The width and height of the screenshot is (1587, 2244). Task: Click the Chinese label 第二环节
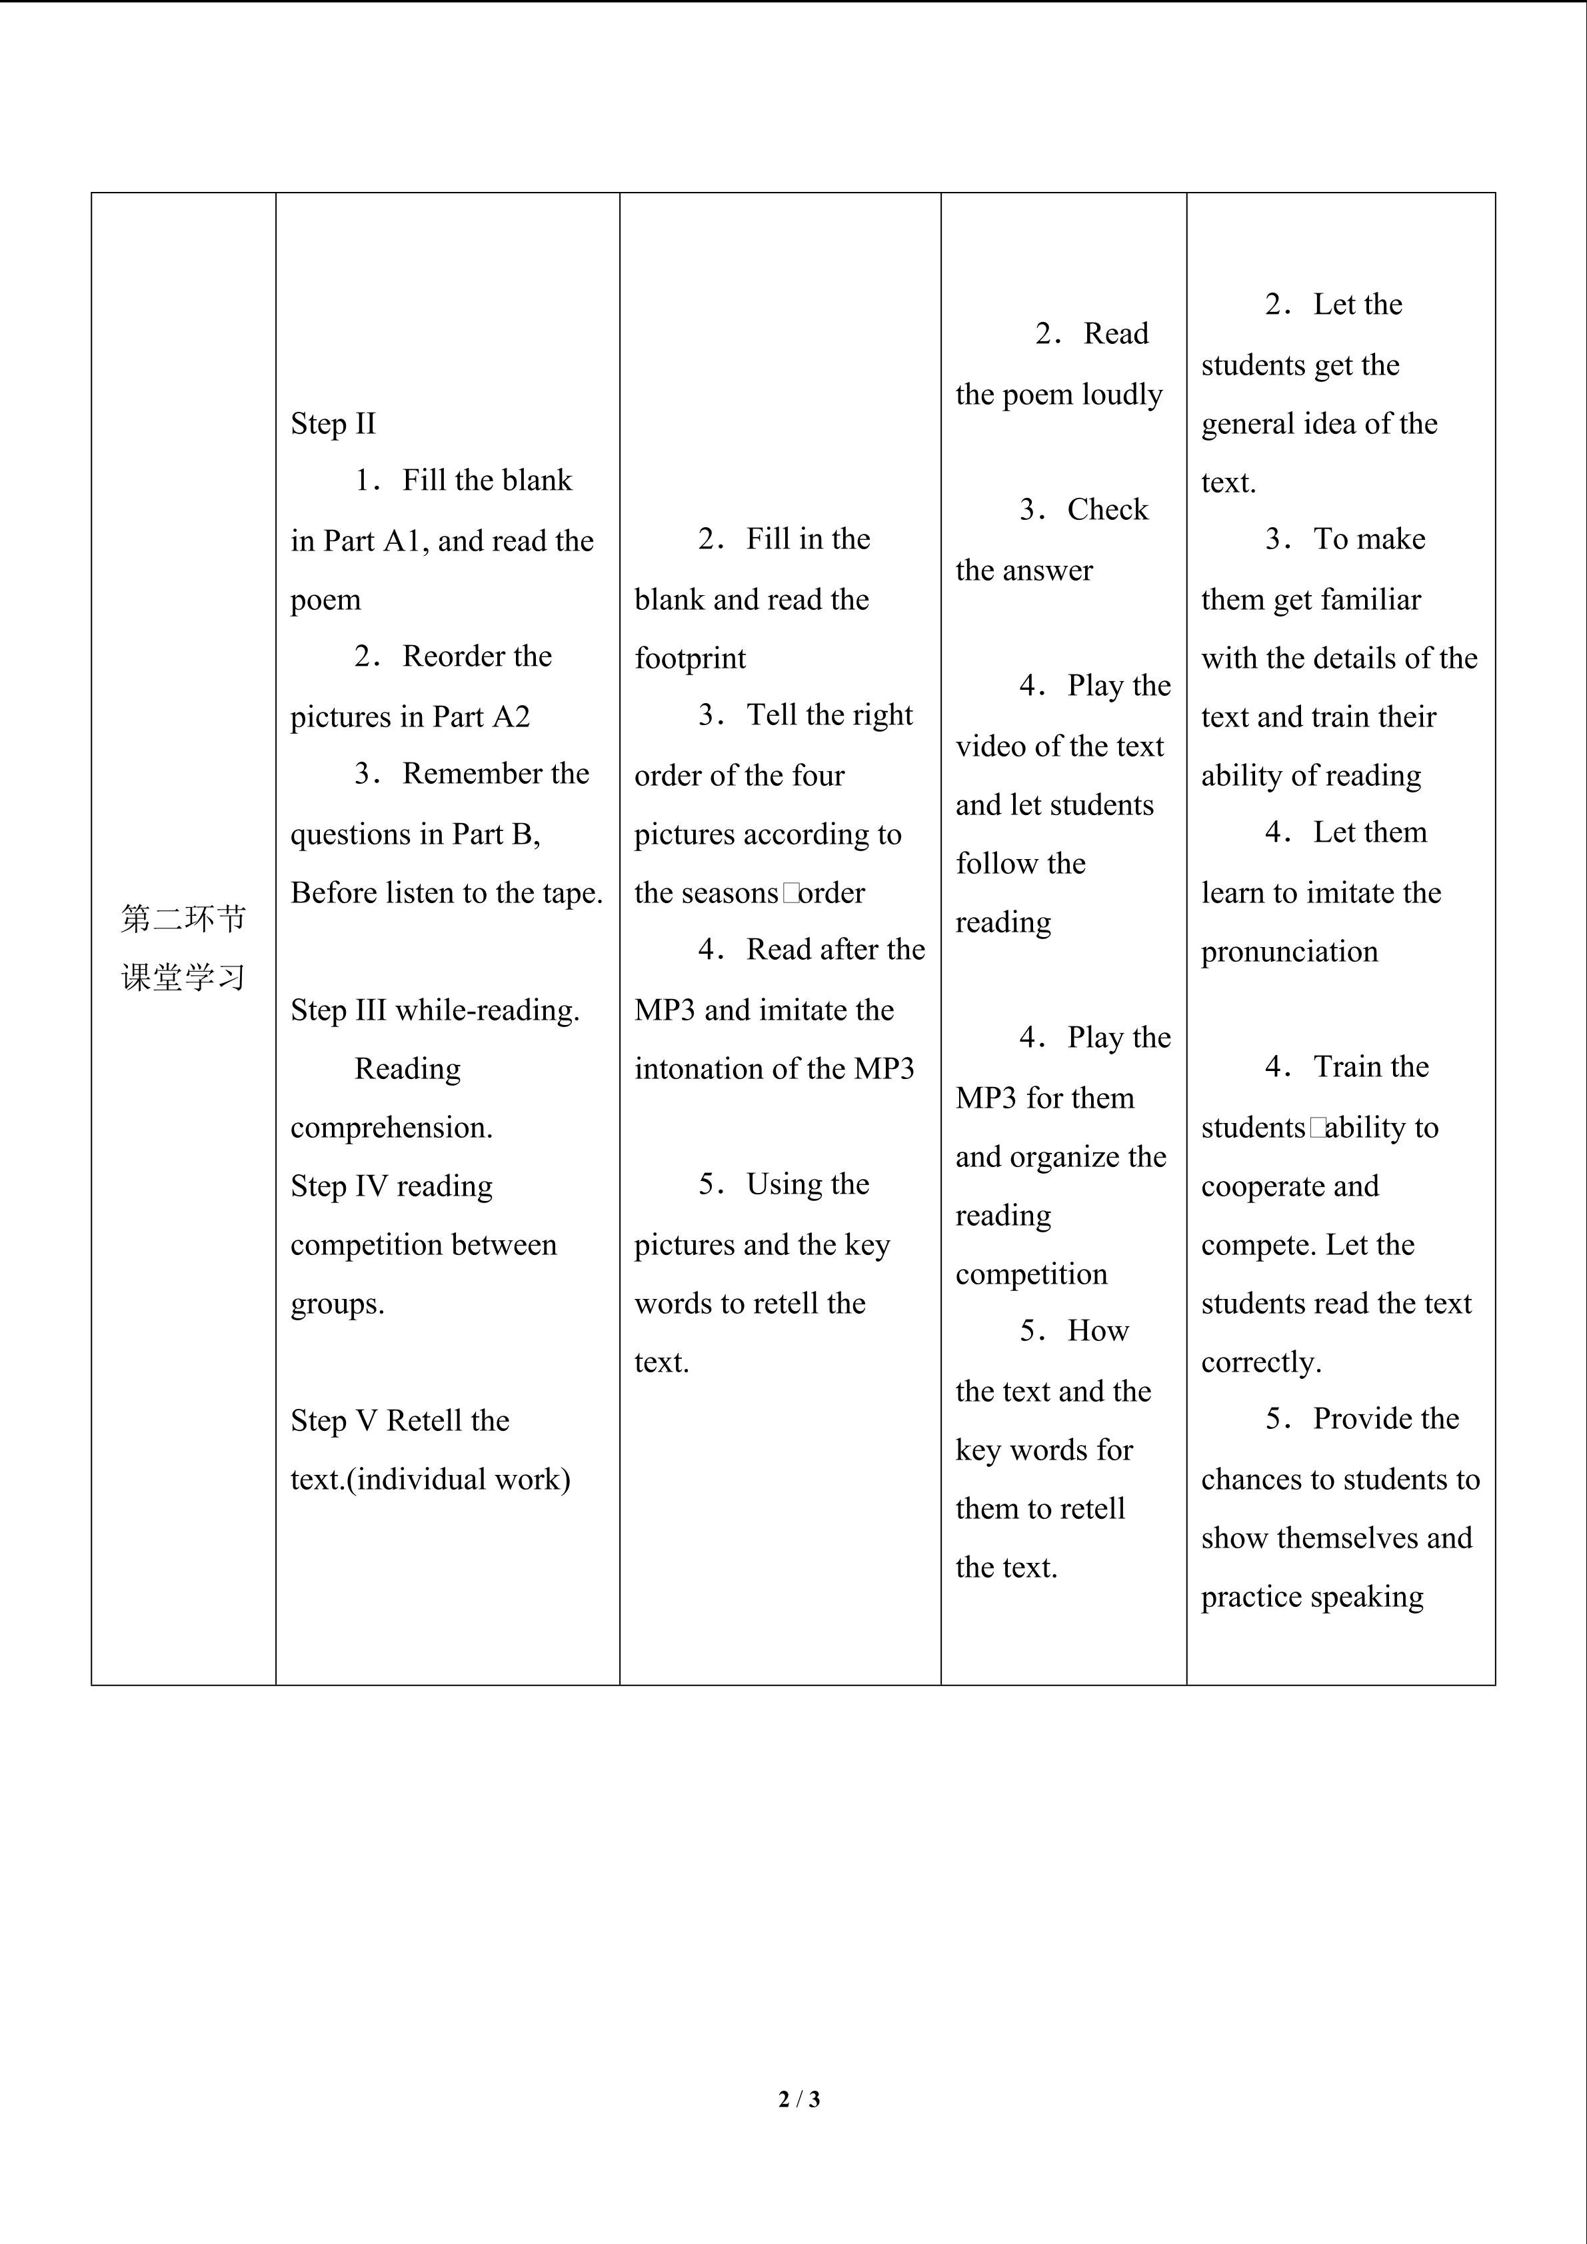184,918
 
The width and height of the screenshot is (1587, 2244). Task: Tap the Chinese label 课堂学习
184,977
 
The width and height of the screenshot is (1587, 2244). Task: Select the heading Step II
333,423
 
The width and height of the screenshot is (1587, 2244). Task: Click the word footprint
690,658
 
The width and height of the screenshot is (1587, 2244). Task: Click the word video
990,746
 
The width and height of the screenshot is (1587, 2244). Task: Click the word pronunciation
1289,952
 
